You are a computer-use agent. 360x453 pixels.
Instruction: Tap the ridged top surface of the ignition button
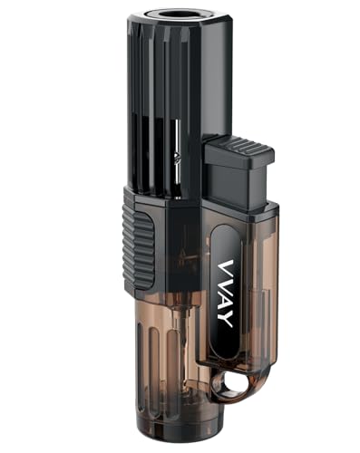point(237,146)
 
